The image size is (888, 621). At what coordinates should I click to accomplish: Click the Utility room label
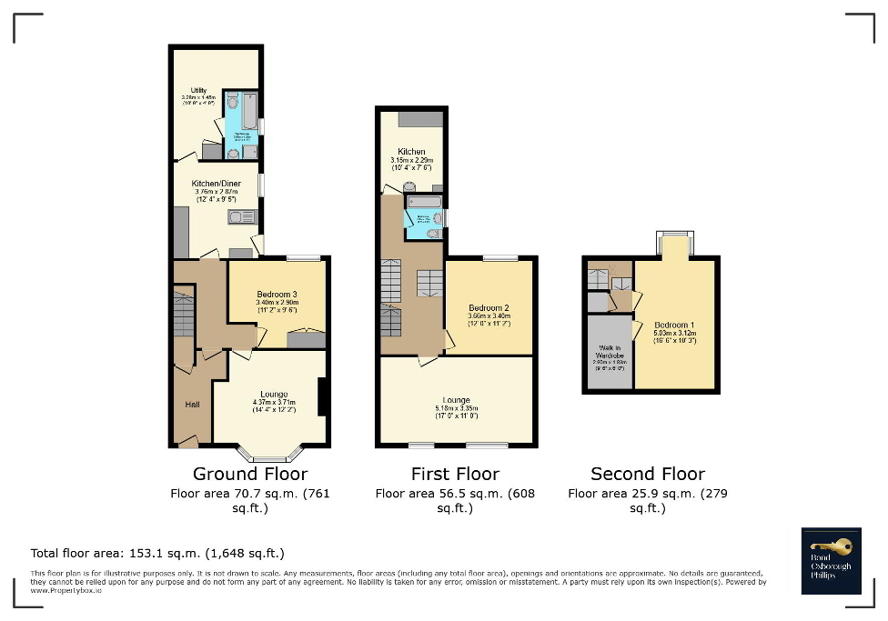click(187, 90)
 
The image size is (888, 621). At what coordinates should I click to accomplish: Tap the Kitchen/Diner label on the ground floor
click(216, 184)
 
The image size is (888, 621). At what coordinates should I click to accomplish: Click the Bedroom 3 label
click(277, 295)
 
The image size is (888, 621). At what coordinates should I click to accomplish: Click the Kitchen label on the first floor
click(411, 152)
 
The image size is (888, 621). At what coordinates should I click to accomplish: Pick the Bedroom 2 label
click(488, 308)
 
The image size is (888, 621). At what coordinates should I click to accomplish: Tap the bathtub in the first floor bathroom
click(424, 201)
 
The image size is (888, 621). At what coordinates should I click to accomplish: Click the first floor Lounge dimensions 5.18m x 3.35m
click(456, 409)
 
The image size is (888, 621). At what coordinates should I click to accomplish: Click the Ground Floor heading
click(250, 474)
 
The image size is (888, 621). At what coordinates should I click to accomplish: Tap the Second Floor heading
click(648, 474)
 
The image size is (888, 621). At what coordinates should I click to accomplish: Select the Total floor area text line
click(158, 553)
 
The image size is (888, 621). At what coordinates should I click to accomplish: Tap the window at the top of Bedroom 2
click(500, 258)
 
